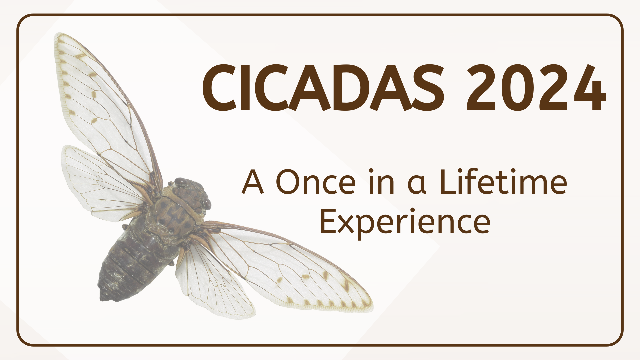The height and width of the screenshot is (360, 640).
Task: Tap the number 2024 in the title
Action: [x=535, y=87]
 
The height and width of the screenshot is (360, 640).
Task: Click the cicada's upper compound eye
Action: [x=180, y=182]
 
